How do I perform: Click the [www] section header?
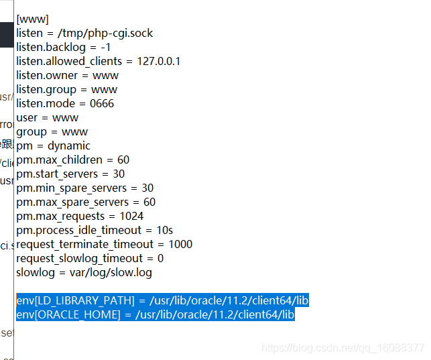coord(32,19)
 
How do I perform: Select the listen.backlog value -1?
coord(105,47)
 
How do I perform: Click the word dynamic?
coord(68,145)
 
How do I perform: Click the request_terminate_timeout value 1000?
coord(180,244)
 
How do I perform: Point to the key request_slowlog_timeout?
coord(80,258)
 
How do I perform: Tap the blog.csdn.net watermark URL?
coord(343,348)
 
